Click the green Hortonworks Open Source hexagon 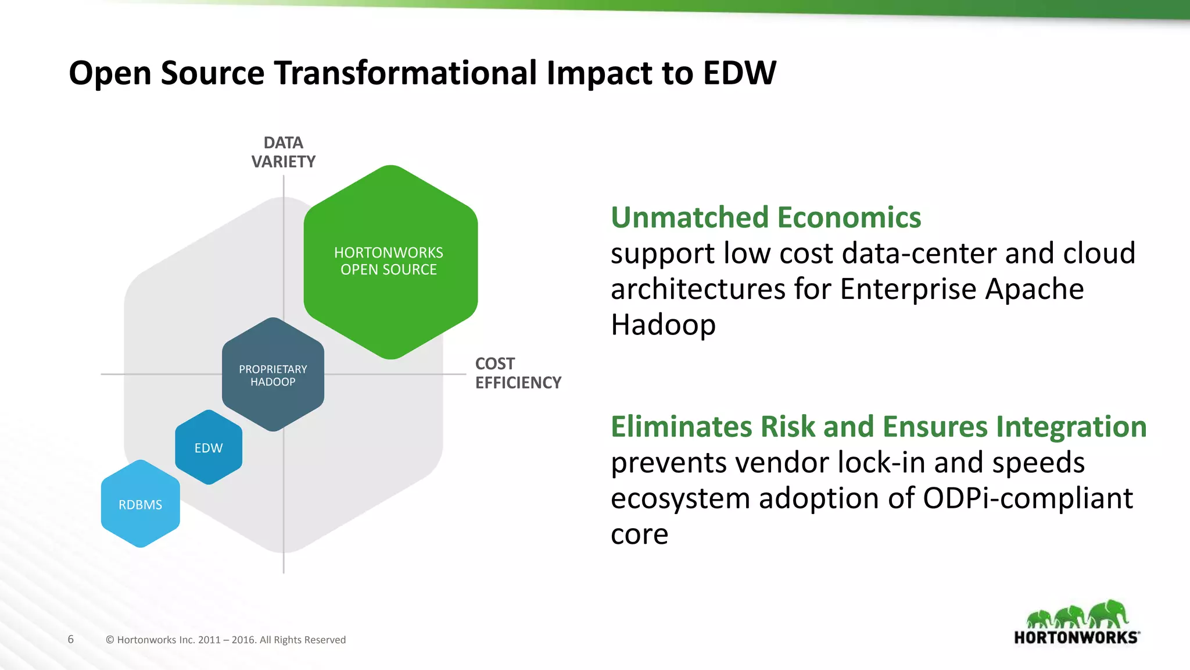click(x=390, y=262)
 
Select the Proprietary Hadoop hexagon click(x=273, y=375)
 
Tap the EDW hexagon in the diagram click(x=209, y=448)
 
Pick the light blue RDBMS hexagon click(x=141, y=504)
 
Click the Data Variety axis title click(x=284, y=152)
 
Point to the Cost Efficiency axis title click(x=517, y=373)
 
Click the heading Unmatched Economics click(x=765, y=218)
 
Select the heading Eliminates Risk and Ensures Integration click(x=878, y=426)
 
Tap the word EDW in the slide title click(x=739, y=73)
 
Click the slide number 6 click(x=71, y=639)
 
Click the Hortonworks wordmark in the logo click(x=1076, y=637)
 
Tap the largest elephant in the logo click(x=1109, y=614)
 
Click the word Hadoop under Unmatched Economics click(x=663, y=325)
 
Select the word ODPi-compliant click(x=1027, y=498)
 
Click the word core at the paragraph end click(x=639, y=534)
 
